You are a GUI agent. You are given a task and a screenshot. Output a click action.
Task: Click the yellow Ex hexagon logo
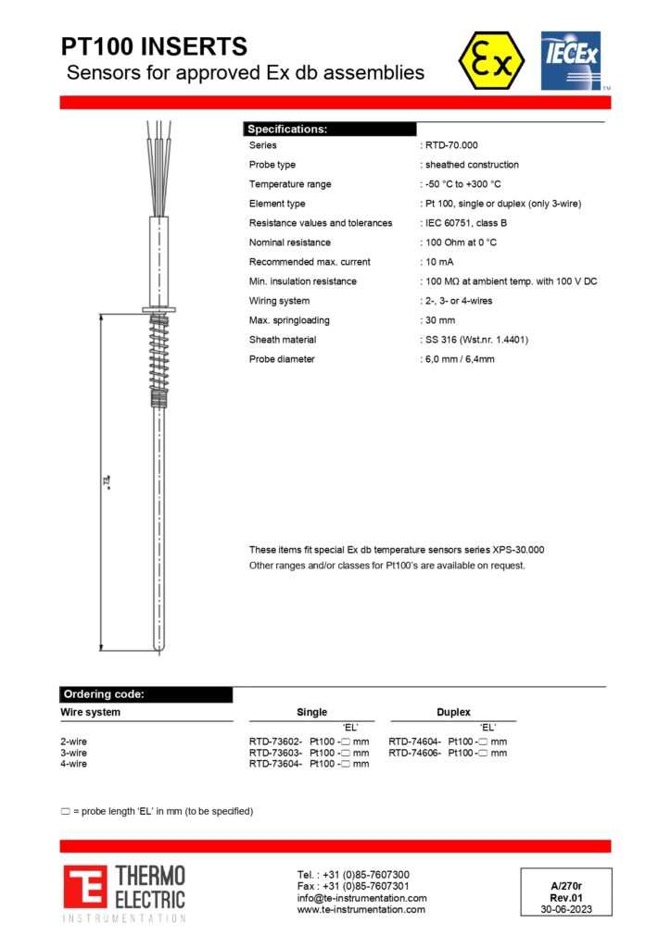click(490, 61)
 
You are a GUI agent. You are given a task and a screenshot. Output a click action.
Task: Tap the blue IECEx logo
click(571, 61)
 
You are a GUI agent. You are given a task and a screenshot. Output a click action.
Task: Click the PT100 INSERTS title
click(154, 46)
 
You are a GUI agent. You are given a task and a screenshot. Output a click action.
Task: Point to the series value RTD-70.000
click(451, 145)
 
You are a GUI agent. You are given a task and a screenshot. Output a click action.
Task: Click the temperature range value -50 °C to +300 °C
click(462, 184)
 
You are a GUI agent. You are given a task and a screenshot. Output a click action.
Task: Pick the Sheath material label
click(283, 340)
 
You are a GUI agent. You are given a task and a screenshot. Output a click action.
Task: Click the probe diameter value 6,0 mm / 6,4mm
click(460, 359)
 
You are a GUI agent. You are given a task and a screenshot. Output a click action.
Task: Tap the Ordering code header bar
click(146, 694)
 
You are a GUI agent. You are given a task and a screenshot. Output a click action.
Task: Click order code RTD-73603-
click(275, 753)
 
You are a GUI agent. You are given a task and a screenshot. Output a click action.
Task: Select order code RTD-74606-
click(414, 753)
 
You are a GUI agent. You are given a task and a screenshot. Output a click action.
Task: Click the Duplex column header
click(453, 712)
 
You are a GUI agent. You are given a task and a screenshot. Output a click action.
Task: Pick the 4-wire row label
click(74, 764)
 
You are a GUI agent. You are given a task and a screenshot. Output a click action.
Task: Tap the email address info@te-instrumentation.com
click(361, 898)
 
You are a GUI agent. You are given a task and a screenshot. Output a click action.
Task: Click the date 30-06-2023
click(565, 909)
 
